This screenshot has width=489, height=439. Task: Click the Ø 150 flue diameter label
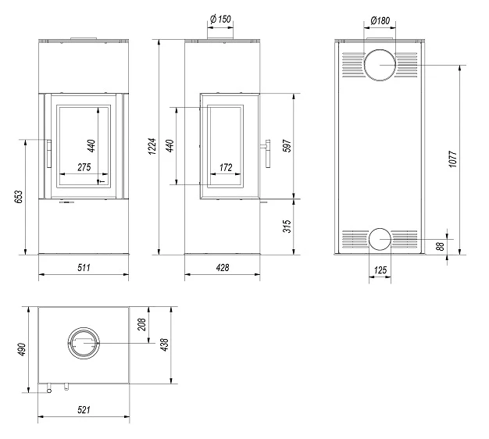tap(220, 20)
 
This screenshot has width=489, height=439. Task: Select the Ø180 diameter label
tap(380, 20)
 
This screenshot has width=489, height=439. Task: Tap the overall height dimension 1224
tap(152, 147)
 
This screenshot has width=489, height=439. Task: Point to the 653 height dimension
tap(19, 197)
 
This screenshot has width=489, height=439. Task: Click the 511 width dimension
tap(84, 267)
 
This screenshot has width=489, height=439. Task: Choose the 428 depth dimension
tap(223, 267)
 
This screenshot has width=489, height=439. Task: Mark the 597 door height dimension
tap(287, 145)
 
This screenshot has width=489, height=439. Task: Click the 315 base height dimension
tap(287, 226)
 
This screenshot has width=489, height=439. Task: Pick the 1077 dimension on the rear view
tap(453, 159)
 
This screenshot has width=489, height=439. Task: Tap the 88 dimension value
tap(440, 246)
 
